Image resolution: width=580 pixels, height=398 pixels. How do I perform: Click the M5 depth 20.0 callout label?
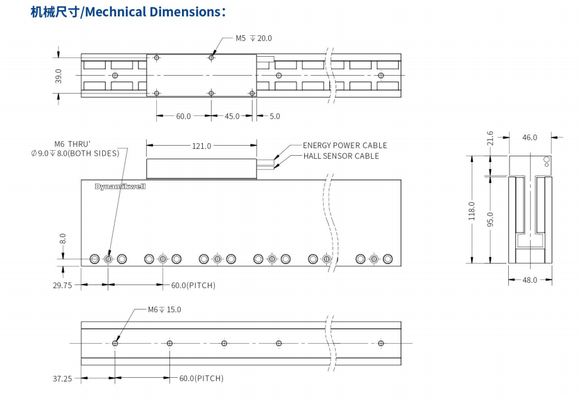point(254,38)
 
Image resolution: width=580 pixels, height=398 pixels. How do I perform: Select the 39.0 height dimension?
point(59,76)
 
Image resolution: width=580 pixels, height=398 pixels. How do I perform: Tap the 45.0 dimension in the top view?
point(232,116)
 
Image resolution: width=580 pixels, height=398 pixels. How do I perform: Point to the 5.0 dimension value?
point(275,116)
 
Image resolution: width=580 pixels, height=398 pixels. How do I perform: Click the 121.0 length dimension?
point(202,146)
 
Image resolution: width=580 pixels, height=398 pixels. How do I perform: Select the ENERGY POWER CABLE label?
point(344,145)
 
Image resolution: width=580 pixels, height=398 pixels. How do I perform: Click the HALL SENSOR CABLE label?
point(341,156)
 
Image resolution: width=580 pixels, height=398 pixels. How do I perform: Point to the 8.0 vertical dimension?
point(62,239)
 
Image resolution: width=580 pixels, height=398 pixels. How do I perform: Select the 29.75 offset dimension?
point(62,285)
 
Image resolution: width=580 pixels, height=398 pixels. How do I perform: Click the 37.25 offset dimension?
point(62,378)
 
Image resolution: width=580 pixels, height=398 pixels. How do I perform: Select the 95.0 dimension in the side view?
point(491,218)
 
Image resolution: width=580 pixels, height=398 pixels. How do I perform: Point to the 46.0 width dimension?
point(530,137)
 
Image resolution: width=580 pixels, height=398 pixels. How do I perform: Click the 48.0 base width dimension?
point(530,280)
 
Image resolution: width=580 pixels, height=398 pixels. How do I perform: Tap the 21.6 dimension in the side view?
point(491,138)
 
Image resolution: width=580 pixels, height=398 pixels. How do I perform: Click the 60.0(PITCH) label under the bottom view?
point(201,378)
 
